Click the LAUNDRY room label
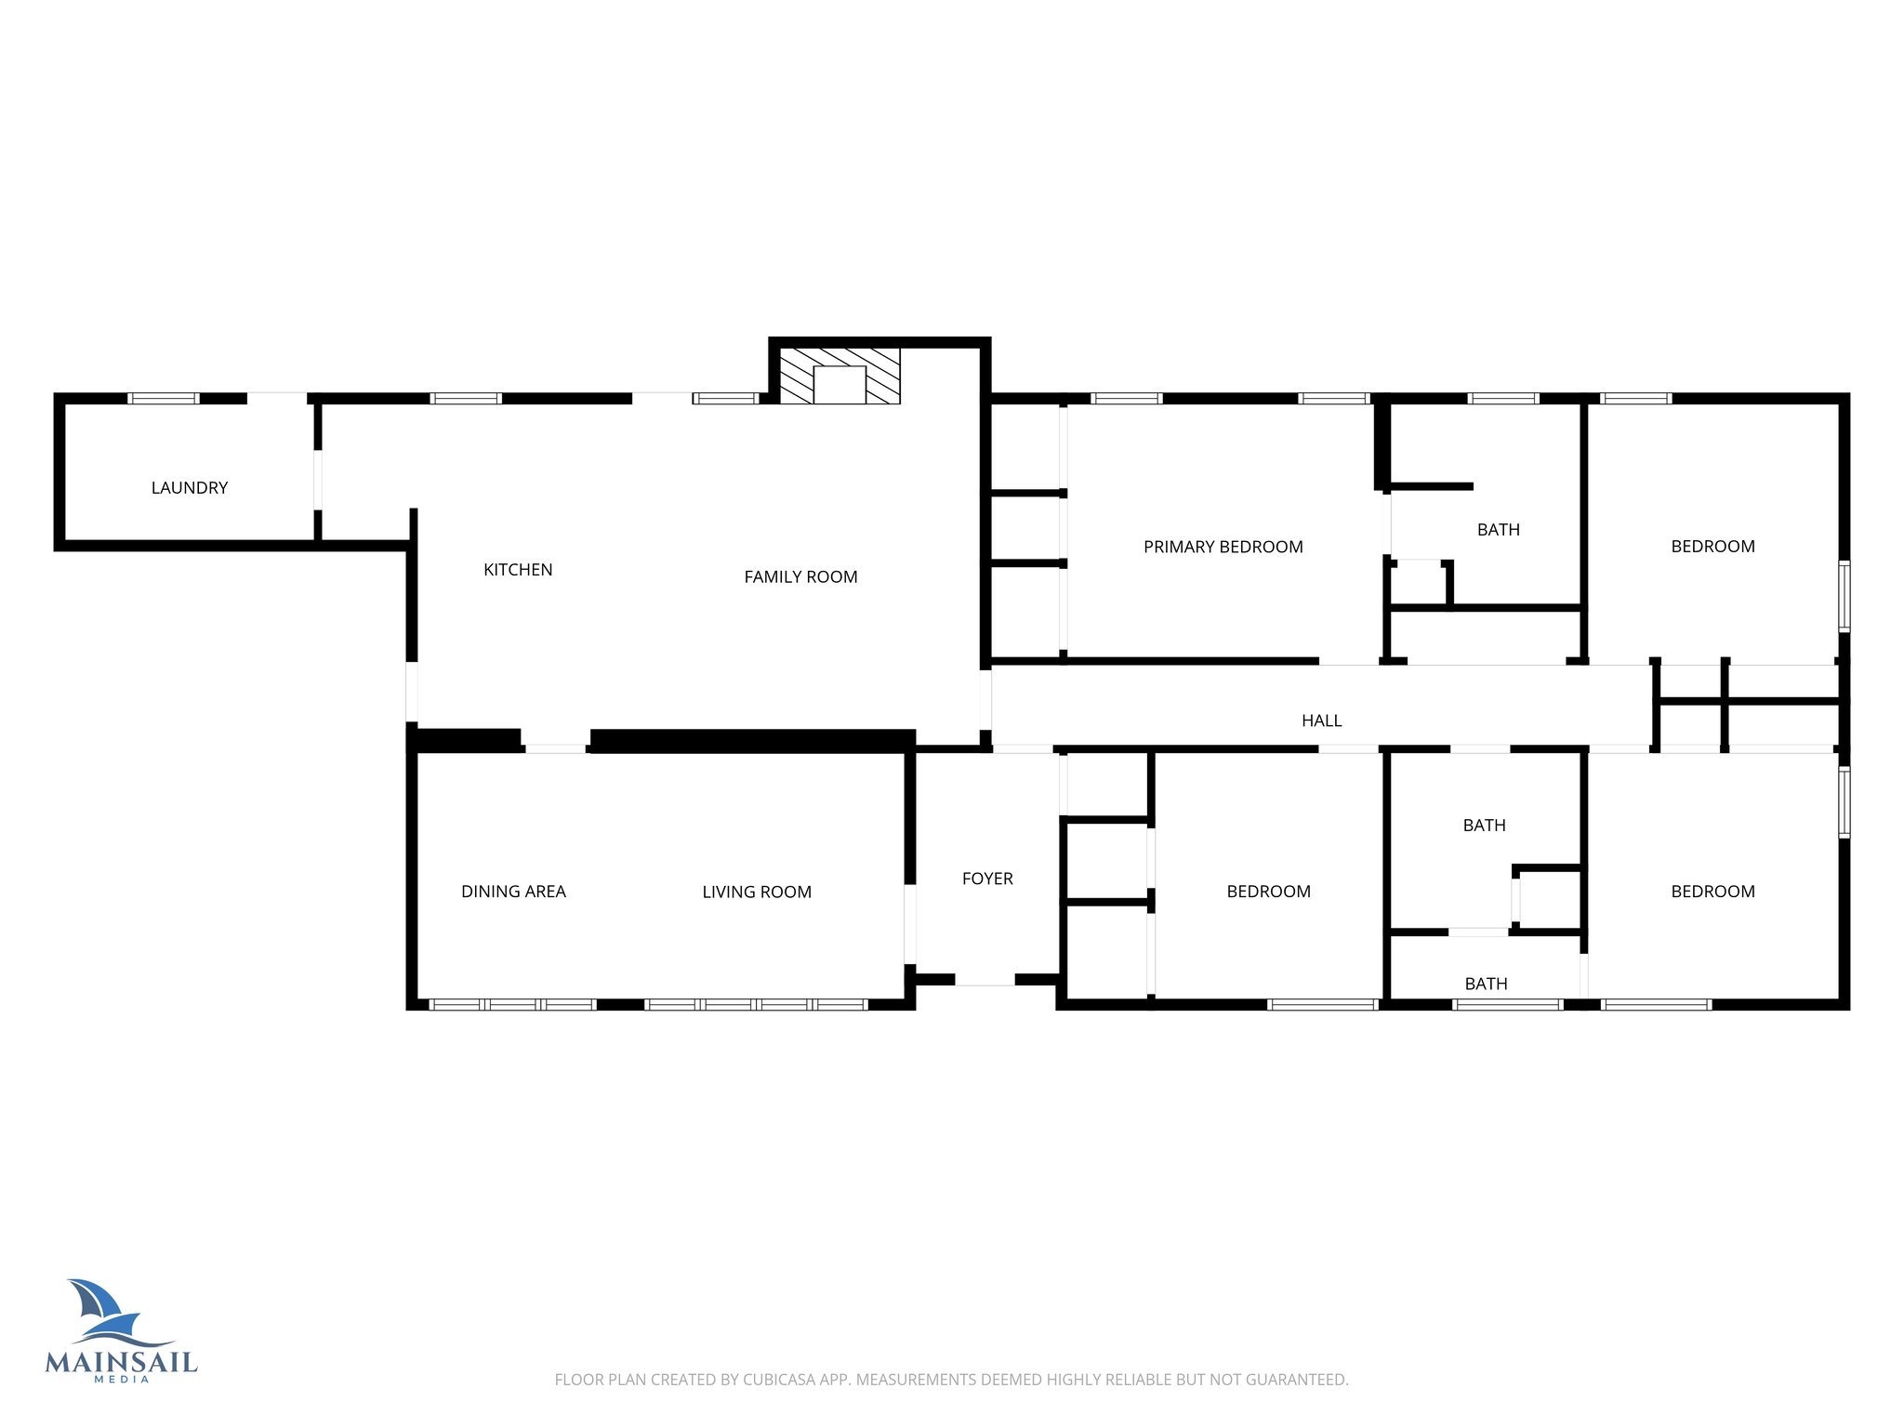pos(189,487)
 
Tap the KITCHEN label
pos(518,570)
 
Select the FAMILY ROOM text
pos(800,576)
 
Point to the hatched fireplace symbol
pos(839,376)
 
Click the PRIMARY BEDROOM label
pos(1223,547)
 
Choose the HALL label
pos(1321,721)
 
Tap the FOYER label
pos(987,879)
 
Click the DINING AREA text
pos(513,892)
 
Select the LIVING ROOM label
pos(757,892)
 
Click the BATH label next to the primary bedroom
pos(1498,530)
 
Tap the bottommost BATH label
pos(1486,984)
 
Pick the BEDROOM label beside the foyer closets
pos(1268,892)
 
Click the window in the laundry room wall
pos(164,399)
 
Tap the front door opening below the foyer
pos(985,980)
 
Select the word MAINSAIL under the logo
pos(121,1363)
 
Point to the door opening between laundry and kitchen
pos(318,480)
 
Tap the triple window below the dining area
pos(512,1005)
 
